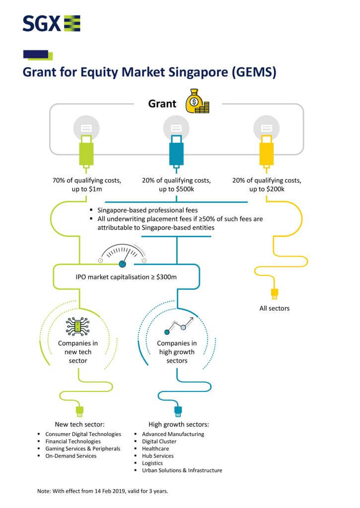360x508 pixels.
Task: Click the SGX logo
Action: pos(51,23)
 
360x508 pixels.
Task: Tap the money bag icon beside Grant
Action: pos(197,102)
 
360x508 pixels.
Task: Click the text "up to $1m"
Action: pos(87,190)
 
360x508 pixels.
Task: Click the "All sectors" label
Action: pos(275,308)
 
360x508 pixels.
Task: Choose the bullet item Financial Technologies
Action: pos(72,441)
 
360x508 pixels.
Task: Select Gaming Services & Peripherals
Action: pos(82,448)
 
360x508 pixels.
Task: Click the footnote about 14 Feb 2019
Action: pos(103,491)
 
